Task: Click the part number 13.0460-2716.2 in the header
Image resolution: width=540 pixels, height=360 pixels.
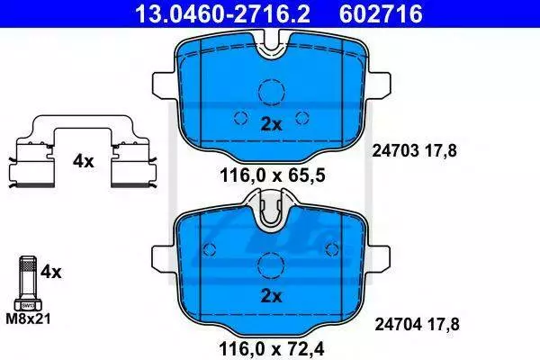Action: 222,13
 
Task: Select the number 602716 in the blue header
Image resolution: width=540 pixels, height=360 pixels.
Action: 381,13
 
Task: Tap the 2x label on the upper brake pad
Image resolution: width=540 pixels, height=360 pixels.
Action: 271,124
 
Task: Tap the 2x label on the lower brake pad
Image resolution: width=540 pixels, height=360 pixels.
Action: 271,296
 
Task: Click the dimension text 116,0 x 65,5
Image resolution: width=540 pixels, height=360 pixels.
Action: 272,176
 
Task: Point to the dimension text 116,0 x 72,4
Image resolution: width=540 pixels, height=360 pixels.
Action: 272,349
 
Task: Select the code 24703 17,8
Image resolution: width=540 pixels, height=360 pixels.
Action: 414,151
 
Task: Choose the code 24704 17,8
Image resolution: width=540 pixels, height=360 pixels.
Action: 417,324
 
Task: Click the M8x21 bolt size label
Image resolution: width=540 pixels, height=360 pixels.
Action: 28,319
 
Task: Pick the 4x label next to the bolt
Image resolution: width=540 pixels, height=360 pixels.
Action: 50,272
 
